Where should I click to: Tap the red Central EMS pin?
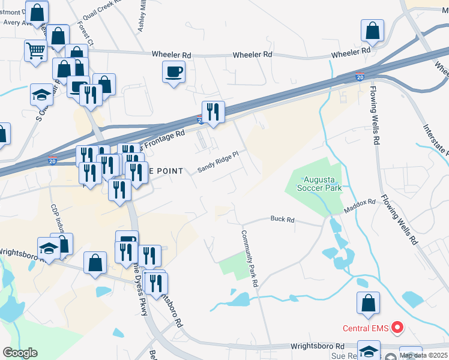[397, 328]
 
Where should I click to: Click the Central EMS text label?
[365, 328]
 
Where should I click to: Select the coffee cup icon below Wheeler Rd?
[173, 72]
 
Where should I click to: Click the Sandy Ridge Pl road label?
[223, 165]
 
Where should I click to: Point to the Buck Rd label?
[282, 220]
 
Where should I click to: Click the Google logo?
[20, 352]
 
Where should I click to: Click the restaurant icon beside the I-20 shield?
[212, 112]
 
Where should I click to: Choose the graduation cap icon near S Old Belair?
[42, 95]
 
